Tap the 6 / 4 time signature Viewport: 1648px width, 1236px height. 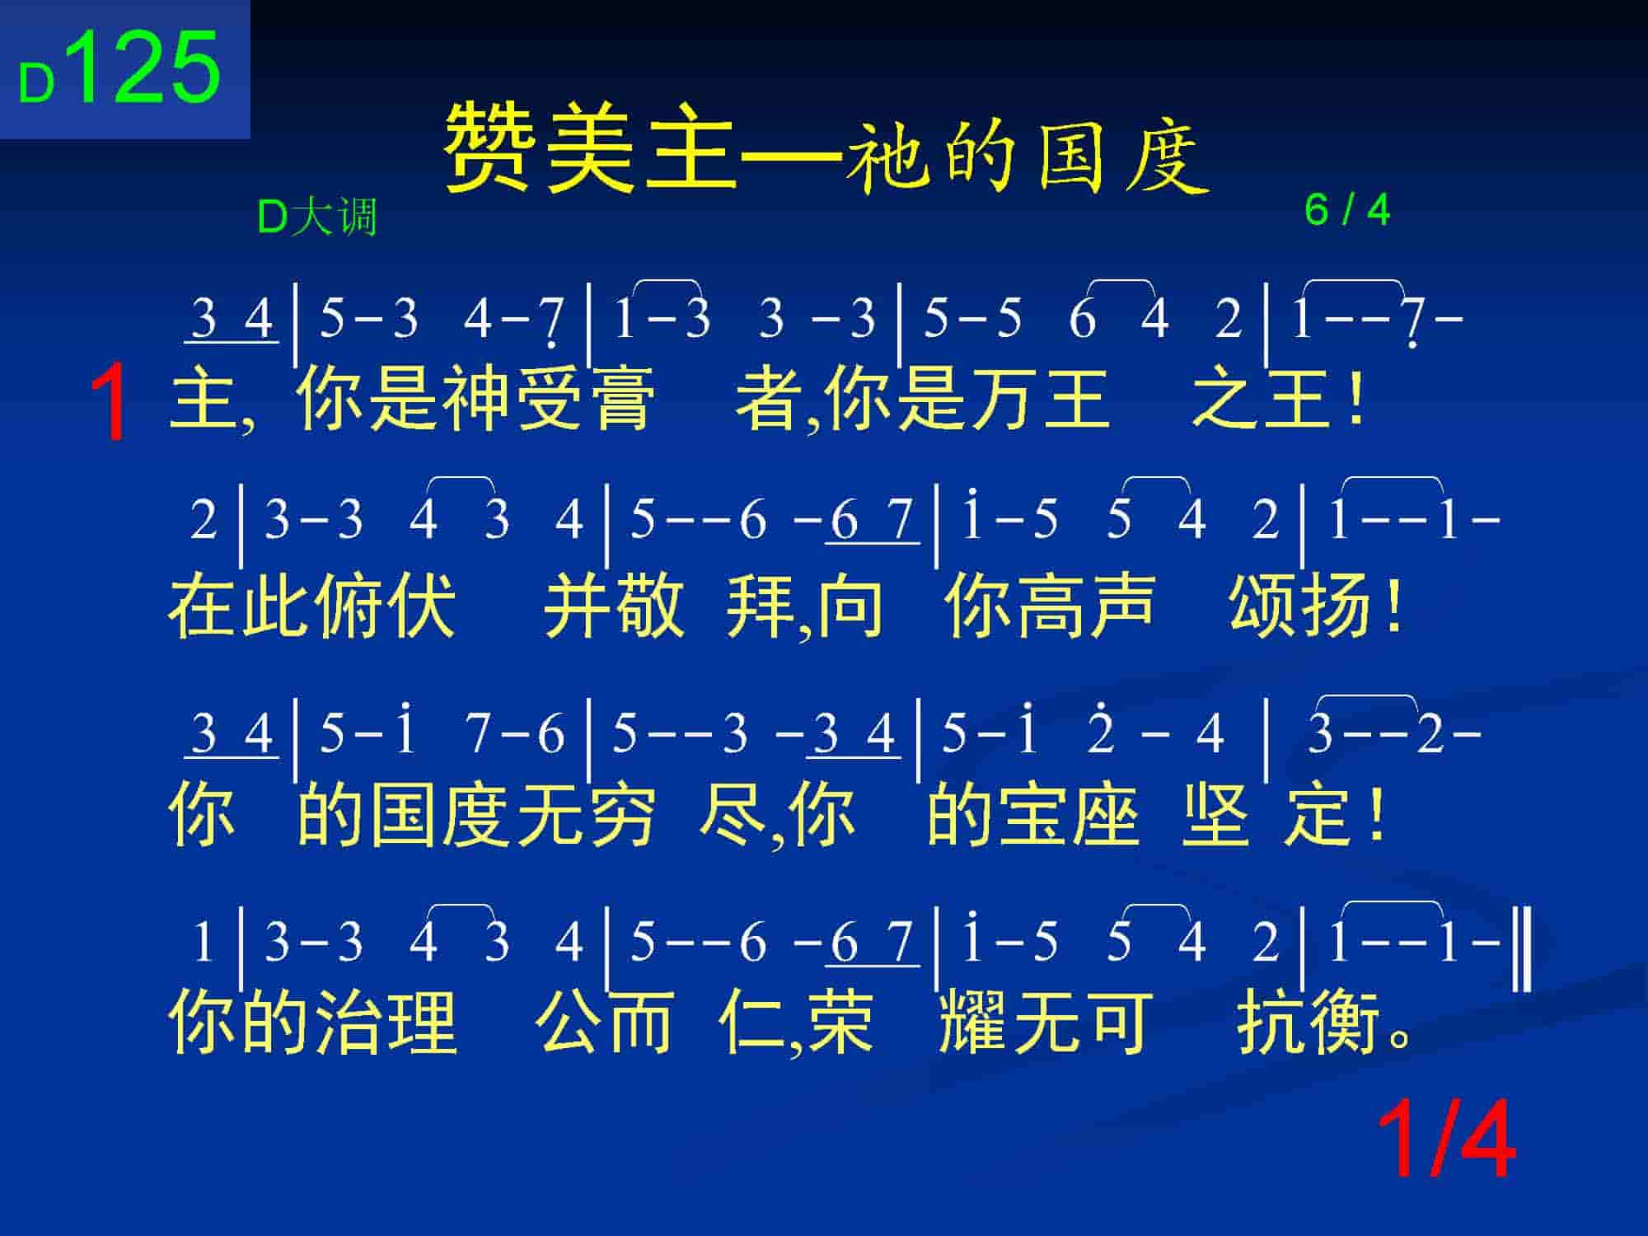click(1347, 210)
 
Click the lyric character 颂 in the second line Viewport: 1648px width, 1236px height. click(1264, 606)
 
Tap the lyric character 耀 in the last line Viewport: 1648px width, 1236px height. click(973, 1022)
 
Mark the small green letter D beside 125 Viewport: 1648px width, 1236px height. click(37, 84)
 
